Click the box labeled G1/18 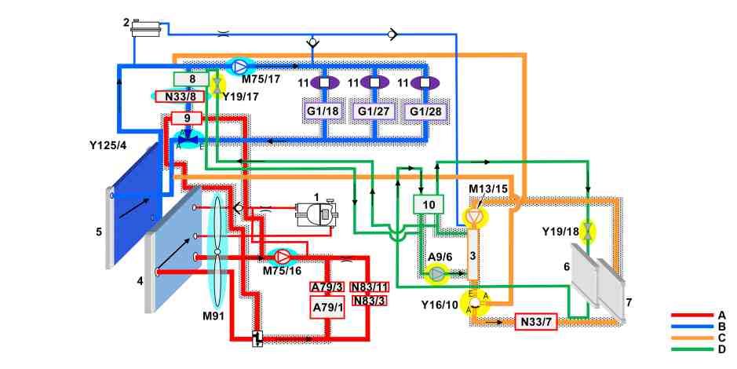pos(323,111)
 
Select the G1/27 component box pos(374,111)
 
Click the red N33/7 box pos(536,322)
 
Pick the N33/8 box pos(178,97)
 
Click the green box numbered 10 pos(429,204)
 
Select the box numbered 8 pos(192,79)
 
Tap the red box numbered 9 pos(187,118)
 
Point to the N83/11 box pos(369,287)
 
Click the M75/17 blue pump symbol pos(239,68)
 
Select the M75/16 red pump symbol pos(282,256)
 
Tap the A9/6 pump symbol pos(437,273)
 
